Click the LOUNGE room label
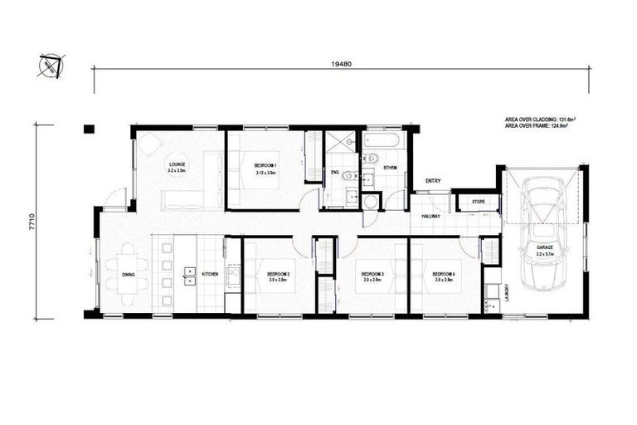[x=177, y=164]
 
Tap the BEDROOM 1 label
[x=266, y=166]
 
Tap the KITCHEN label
[x=209, y=274]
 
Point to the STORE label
[x=478, y=202]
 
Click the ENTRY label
[x=433, y=181]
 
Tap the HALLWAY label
[x=430, y=216]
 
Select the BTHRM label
[x=391, y=168]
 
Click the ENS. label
[x=335, y=173]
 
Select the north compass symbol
[x=50, y=66]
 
